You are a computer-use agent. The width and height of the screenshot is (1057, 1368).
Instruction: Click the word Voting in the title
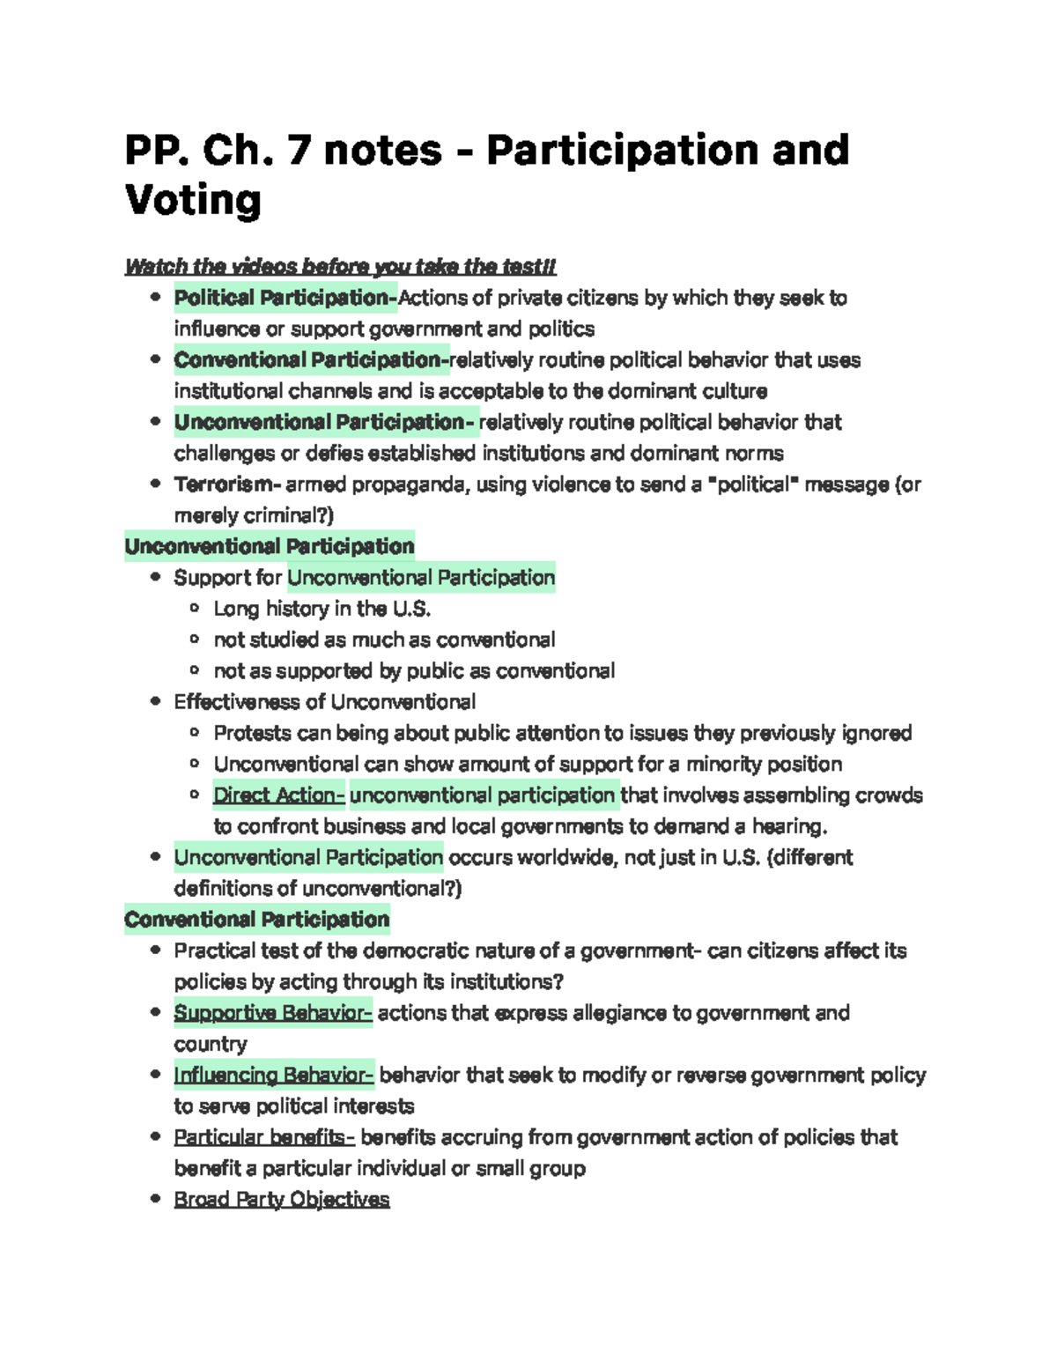(x=193, y=201)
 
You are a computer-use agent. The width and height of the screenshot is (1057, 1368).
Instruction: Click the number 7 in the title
(x=299, y=150)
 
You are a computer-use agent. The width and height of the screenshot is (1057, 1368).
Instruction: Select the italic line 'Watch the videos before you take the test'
(x=340, y=266)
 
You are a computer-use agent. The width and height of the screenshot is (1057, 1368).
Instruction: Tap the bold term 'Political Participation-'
(x=285, y=298)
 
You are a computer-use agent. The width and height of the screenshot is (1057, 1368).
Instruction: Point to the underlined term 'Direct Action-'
(x=278, y=795)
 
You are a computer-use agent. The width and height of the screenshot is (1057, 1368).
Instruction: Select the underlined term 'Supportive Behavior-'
(x=273, y=1013)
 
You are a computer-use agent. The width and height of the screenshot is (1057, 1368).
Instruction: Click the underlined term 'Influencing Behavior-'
(x=274, y=1076)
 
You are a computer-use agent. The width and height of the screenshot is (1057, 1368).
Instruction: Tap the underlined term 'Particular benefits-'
(x=264, y=1137)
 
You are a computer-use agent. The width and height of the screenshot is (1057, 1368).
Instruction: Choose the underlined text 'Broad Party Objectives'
(x=282, y=1200)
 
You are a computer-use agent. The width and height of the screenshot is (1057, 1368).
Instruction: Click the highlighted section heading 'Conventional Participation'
(x=256, y=920)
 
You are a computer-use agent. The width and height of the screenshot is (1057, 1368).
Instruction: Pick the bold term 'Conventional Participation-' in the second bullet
(x=311, y=360)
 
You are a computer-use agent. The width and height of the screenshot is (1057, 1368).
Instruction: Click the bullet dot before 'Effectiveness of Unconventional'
(x=156, y=702)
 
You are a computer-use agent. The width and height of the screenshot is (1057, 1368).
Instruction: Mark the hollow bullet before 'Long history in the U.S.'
(x=195, y=609)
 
